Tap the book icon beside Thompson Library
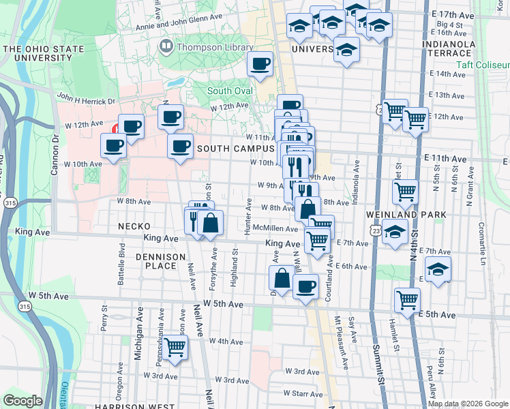(x=165, y=47)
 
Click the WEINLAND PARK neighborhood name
(x=415, y=215)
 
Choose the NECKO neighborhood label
(x=133, y=226)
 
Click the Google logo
(x=23, y=401)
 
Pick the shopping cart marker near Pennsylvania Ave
(x=175, y=348)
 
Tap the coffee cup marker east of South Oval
(x=260, y=65)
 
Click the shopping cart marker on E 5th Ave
(x=407, y=299)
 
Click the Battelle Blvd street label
(x=123, y=258)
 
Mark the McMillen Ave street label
(x=275, y=229)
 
